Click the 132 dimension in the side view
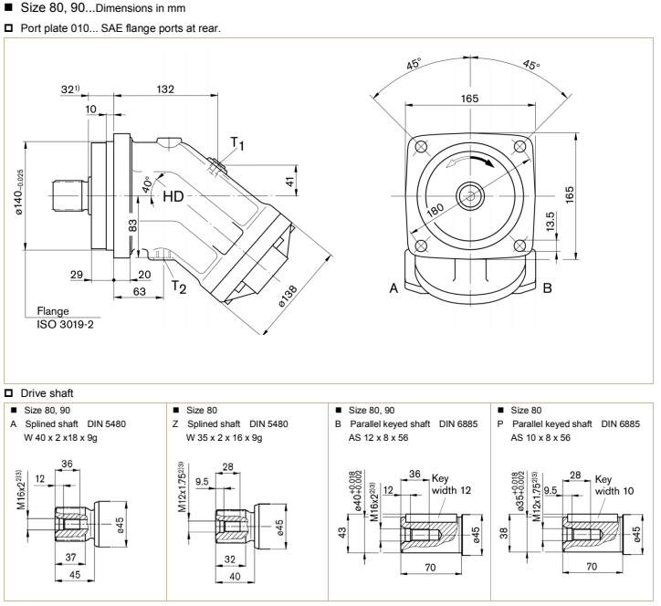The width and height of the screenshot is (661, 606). click(165, 89)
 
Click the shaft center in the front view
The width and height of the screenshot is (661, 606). click(470, 196)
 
